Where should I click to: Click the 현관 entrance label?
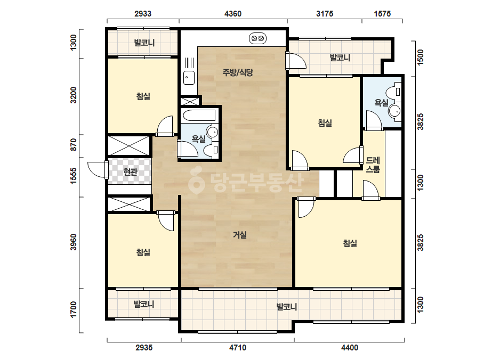pyautogui.click(x=130, y=171)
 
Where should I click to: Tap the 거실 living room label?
pyautogui.click(x=240, y=234)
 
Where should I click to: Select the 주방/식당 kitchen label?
pyautogui.click(x=238, y=72)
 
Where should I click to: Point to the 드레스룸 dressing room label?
pyautogui.click(x=373, y=165)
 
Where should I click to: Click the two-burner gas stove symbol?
pyautogui.click(x=257, y=38)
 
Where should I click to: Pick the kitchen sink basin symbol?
pyautogui.click(x=189, y=78)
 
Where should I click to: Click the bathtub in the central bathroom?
pyautogui.click(x=199, y=116)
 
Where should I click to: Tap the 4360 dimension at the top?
pyautogui.click(x=233, y=13)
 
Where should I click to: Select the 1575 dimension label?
pyautogui.click(x=382, y=13)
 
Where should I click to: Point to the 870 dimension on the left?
pyautogui.click(x=74, y=144)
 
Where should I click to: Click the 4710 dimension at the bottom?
pyautogui.click(x=238, y=347)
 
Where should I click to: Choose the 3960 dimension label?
pyautogui.click(x=74, y=242)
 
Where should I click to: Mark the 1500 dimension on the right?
pyautogui.click(x=421, y=57)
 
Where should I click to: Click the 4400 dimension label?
pyautogui.click(x=350, y=347)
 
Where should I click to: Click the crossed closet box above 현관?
pyautogui.click(x=128, y=145)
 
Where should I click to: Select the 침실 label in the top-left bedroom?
pyautogui.click(x=143, y=96)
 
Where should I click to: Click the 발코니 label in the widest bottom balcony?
pyautogui.click(x=287, y=306)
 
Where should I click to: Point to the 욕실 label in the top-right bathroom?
pyautogui.click(x=382, y=102)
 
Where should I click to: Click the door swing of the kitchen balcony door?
pyautogui.click(x=297, y=61)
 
